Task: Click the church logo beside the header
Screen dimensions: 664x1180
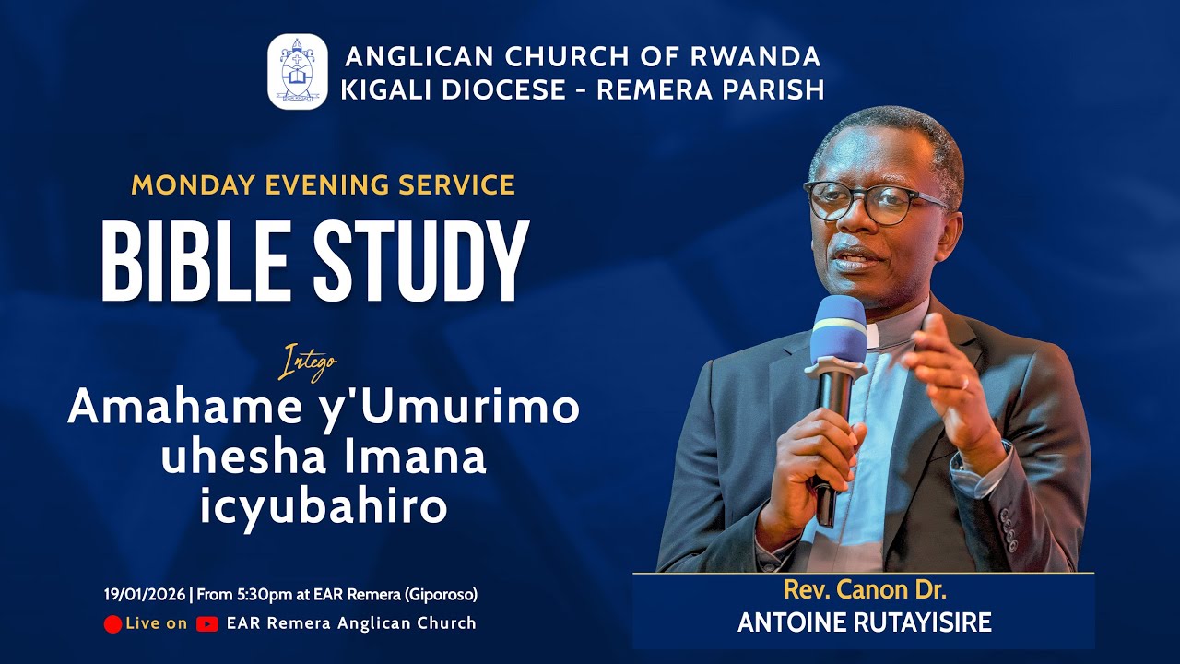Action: pos(297,72)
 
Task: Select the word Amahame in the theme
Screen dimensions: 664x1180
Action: pos(180,408)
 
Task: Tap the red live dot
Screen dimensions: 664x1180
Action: pos(112,624)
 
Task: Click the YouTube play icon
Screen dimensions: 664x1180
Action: pos(207,624)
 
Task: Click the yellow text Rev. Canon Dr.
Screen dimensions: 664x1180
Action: pos(864,590)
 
